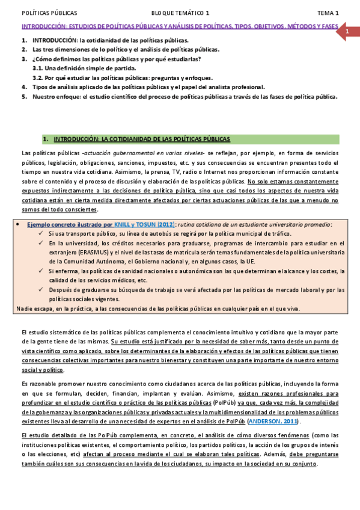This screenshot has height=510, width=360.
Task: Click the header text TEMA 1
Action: point(328,13)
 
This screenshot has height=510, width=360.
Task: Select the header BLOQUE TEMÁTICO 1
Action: point(180,13)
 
